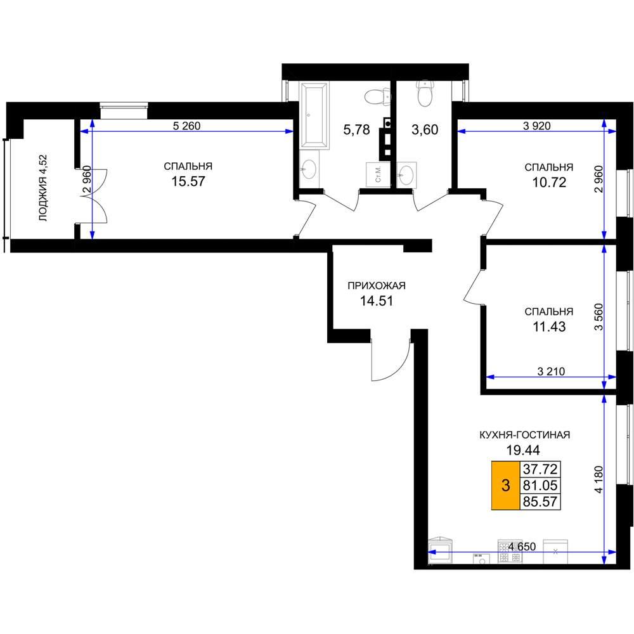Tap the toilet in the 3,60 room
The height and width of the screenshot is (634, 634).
tap(425, 93)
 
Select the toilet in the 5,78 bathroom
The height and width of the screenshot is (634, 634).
tap(378, 97)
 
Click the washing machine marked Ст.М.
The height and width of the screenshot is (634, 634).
tap(378, 175)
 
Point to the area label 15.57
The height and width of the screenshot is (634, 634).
tap(188, 181)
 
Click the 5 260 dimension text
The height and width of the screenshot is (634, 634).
tap(186, 126)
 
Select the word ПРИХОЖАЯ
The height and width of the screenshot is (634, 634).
tap(377, 286)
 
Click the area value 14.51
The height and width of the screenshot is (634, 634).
tap(377, 301)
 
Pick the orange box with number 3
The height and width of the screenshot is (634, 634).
tap(505, 485)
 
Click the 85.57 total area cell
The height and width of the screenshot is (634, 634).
tap(540, 501)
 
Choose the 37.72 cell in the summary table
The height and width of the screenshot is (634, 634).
tap(540, 469)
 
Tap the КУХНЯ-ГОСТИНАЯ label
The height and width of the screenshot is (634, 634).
tap(524, 435)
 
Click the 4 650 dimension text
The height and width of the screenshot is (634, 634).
tap(522, 547)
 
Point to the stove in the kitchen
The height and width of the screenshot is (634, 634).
tap(510, 551)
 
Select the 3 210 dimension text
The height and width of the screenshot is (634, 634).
tap(551, 371)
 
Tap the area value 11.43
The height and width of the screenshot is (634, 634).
tap(548, 327)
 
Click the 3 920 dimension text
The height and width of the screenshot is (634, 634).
tap(536, 126)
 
